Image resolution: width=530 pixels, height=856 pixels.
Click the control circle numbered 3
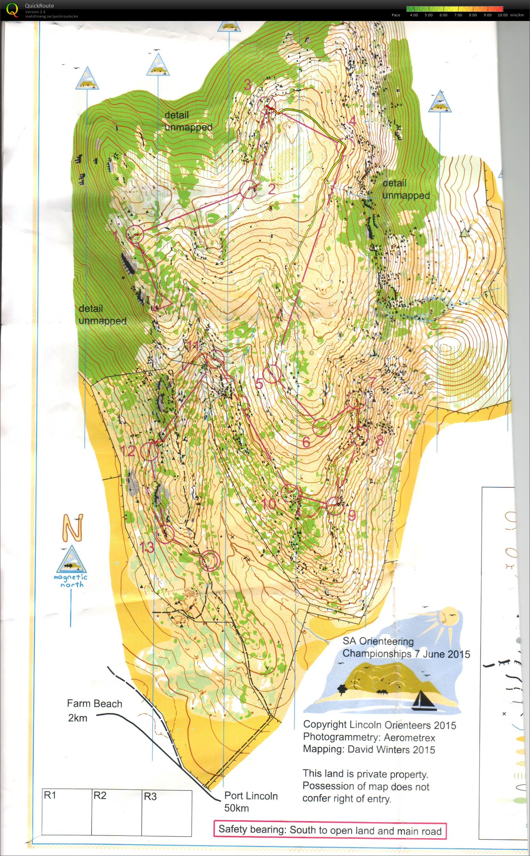267,105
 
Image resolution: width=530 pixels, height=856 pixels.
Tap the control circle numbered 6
322,427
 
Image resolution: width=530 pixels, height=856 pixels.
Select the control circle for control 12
149,451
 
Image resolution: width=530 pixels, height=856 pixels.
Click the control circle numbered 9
335,505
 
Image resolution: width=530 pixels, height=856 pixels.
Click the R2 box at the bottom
116,812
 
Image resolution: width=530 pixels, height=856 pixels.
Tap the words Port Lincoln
251,796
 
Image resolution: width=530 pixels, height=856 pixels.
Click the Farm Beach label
95,704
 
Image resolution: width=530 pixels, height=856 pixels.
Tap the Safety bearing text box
330,830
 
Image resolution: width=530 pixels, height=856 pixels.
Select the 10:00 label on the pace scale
502,15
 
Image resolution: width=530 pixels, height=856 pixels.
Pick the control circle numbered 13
165,534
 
